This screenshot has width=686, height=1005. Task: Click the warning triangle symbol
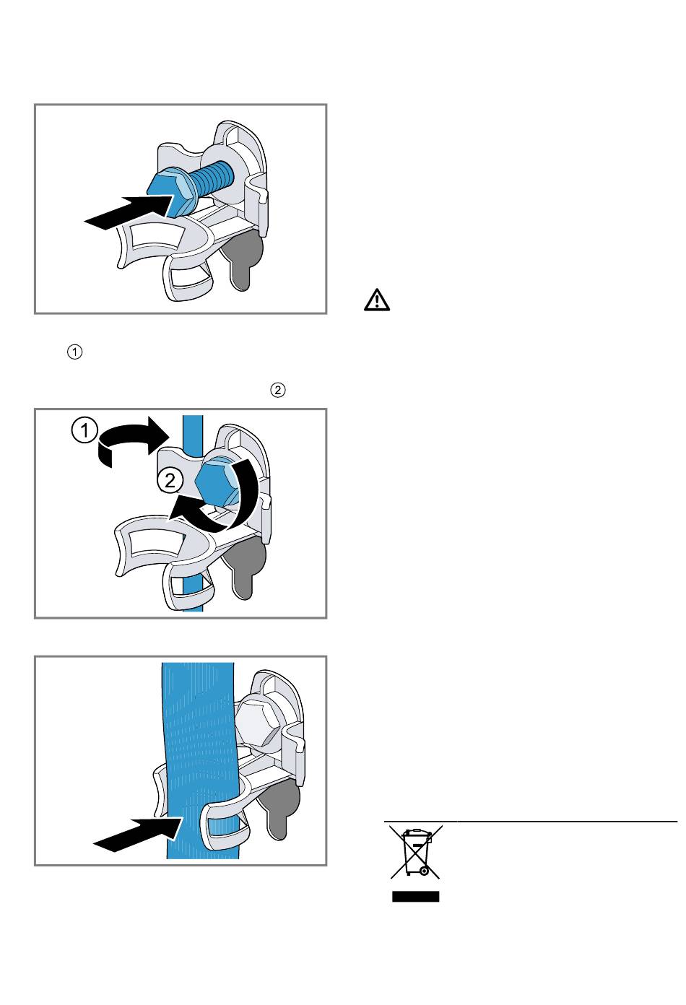376,300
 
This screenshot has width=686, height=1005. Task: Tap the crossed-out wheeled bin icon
416,853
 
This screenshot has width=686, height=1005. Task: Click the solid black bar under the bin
415,897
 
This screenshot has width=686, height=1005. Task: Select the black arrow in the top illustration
129,212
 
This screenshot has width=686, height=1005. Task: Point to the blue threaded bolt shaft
211,178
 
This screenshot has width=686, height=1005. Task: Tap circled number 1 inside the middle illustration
84,431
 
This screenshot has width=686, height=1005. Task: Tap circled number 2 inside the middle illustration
170,481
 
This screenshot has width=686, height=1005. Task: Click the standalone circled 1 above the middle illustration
74,352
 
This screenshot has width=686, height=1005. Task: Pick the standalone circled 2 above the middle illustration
278,390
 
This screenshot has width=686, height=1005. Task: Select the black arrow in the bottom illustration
138,834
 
